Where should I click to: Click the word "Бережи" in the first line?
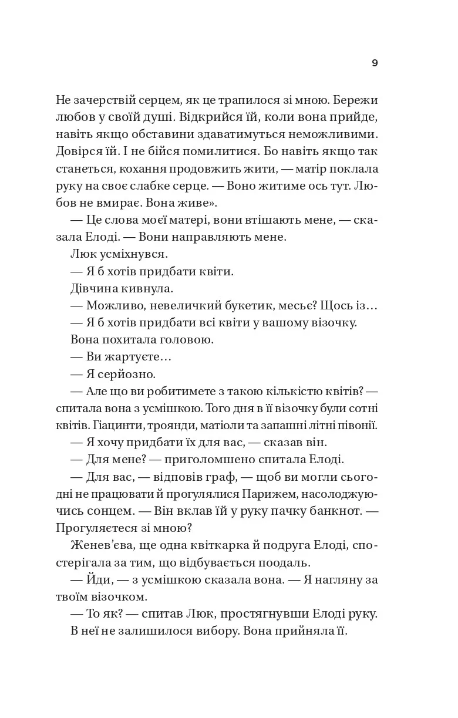[x=355, y=99]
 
